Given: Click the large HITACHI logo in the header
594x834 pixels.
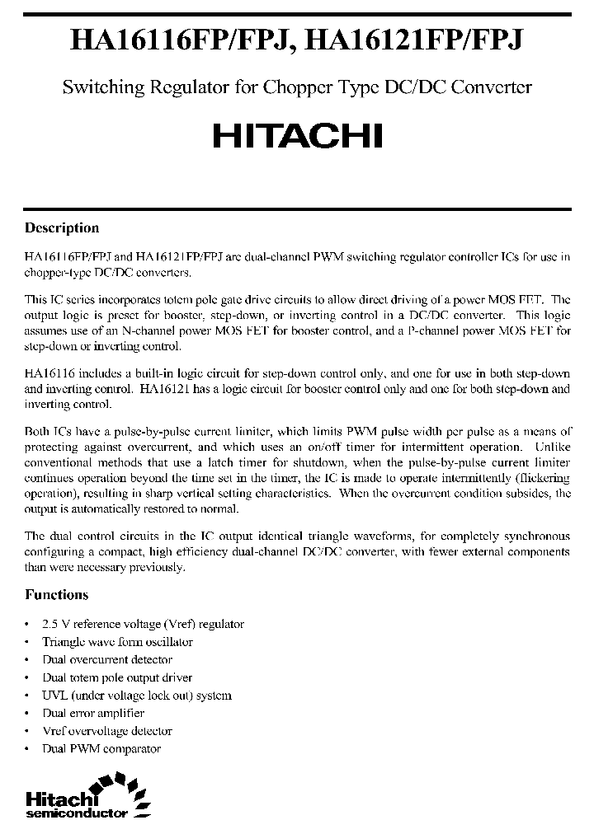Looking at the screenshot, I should pyautogui.click(x=297, y=136).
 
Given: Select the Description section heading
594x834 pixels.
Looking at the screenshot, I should pyautogui.click(x=62, y=228).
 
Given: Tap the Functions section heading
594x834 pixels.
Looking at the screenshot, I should pyautogui.click(x=56, y=594).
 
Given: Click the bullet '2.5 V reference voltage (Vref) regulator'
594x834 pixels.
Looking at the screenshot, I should pyautogui.click(x=143, y=624).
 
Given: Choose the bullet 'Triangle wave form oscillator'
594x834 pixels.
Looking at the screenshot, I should pyautogui.click(x=117, y=642).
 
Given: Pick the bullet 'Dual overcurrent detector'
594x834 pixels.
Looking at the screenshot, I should pyautogui.click(x=107, y=659).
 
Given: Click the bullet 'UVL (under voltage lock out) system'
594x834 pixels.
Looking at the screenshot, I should pyautogui.click(x=136, y=696).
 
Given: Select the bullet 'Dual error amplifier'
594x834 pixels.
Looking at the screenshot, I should pyautogui.click(x=93, y=713).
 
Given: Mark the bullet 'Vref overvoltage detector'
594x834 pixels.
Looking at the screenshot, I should pyautogui.click(x=107, y=731).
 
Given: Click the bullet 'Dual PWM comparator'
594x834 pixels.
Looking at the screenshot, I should pyautogui.click(x=101, y=748).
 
